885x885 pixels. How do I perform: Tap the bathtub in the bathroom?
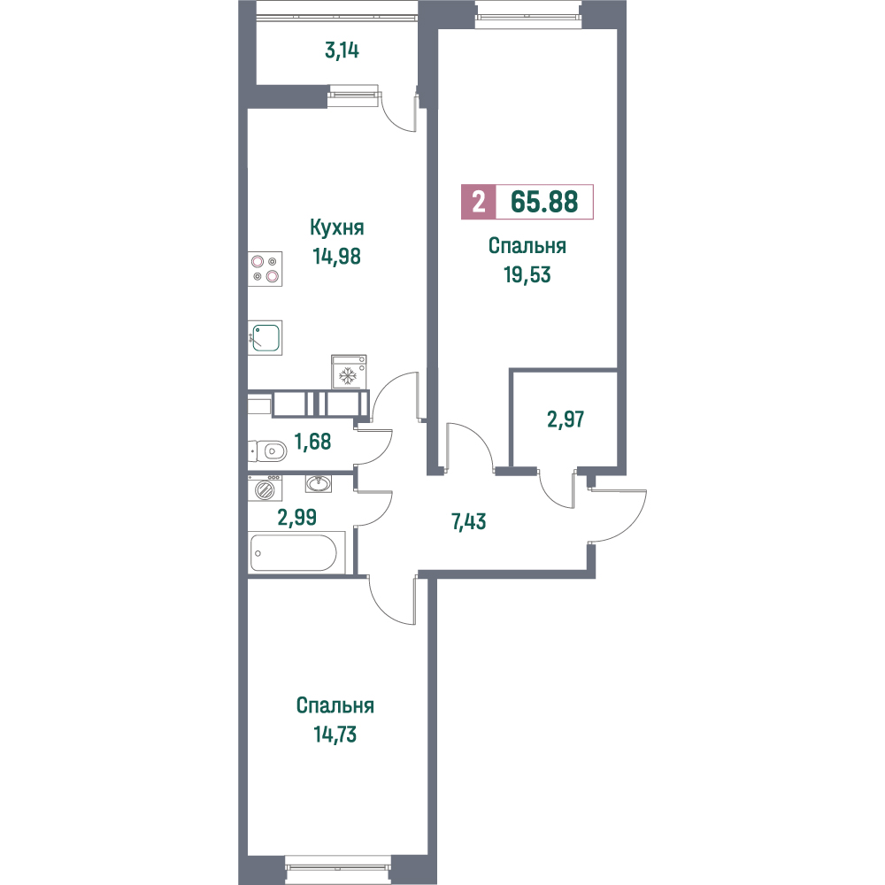point(293,552)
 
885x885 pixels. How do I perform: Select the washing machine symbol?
point(265,489)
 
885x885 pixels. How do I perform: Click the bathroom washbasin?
point(319,484)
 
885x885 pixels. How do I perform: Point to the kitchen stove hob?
point(265,269)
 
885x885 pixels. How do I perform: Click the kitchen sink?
point(265,337)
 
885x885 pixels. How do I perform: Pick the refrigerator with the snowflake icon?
point(349,372)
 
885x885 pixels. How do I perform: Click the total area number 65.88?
point(544,202)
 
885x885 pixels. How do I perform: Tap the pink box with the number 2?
point(479,202)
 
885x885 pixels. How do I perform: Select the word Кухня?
point(337,227)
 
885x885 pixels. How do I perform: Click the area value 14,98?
point(337,257)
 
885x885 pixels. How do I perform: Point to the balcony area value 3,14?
point(342,50)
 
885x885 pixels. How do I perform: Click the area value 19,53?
point(527,275)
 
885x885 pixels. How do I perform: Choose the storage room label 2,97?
point(566,419)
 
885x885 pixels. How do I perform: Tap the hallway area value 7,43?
point(468,522)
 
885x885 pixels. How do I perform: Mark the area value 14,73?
point(335,735)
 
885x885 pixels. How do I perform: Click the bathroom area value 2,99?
point(296,517)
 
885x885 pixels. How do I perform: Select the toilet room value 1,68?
point(313,442)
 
